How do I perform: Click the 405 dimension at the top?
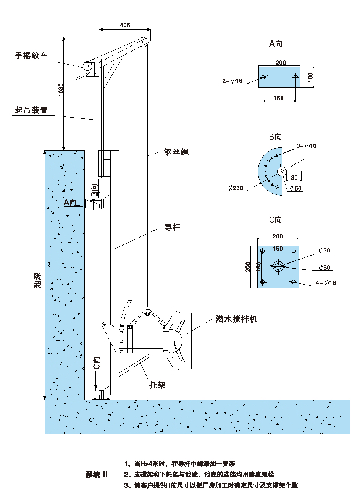click(125, 26)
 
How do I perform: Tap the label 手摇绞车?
click(31, 56)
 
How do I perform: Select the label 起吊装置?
click(31, 110)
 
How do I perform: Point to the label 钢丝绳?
click(176, 152)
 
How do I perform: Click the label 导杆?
click(172, 228)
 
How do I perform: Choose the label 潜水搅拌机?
click(236, 319)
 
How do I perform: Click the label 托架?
click(157, 385)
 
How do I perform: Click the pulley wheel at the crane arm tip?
click(144, 42)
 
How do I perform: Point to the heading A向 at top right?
click(276, 44)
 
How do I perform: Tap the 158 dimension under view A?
click(279, 98)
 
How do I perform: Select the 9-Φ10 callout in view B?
click(307, 146)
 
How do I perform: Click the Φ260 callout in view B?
click(236, 188)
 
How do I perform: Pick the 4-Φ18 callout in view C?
click(326, 283)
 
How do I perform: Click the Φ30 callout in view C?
click(324, 251)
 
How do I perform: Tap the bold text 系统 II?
click(97, 475)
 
